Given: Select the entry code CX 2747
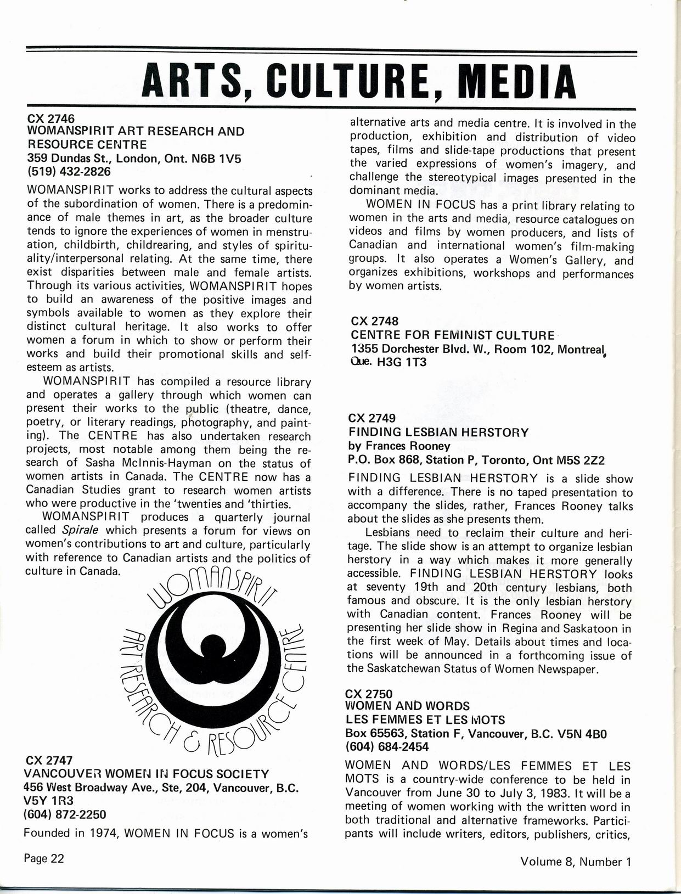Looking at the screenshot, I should pos(49,761).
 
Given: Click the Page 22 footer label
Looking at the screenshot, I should pos(44,858).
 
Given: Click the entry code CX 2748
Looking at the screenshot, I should pos(374,321).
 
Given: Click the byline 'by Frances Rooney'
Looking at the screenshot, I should pos(399,446).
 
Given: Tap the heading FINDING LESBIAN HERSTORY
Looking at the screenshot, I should pos(438,432).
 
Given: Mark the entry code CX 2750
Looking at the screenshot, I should pos(369,694).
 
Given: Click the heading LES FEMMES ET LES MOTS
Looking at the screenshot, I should pos(425,719).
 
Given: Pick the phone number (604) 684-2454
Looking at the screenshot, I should pos(387,747).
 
